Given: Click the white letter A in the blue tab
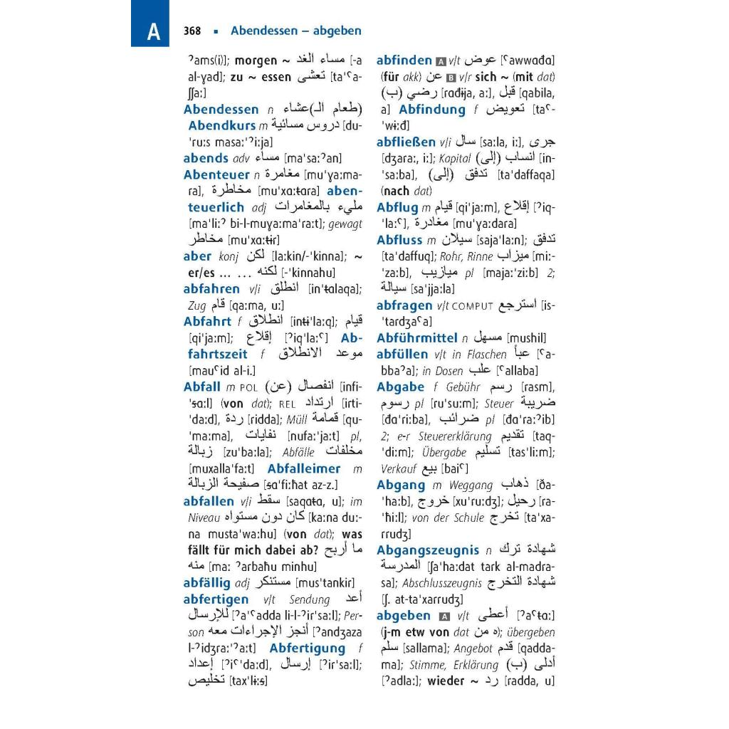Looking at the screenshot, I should (154, 32).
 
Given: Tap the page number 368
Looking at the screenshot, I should (192, 31).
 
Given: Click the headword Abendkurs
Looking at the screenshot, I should (221, 125).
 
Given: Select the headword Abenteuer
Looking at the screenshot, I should (216, 174).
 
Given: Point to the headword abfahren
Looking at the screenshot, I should (211, 288).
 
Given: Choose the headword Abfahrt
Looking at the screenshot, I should (211, 321).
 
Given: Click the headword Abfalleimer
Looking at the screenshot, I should (304, 468).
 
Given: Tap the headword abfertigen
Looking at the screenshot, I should (216, 599).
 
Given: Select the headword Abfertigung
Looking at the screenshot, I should (307, 649).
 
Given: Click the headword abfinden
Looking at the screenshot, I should (404, 61).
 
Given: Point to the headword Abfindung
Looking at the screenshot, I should (431, 110).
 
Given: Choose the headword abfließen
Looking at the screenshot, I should (407, 142).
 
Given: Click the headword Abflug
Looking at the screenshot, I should (397, 207).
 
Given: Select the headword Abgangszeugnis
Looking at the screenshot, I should (428, 550).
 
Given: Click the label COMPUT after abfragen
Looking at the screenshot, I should (472, 306).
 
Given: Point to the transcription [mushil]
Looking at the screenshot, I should (525, 338).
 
